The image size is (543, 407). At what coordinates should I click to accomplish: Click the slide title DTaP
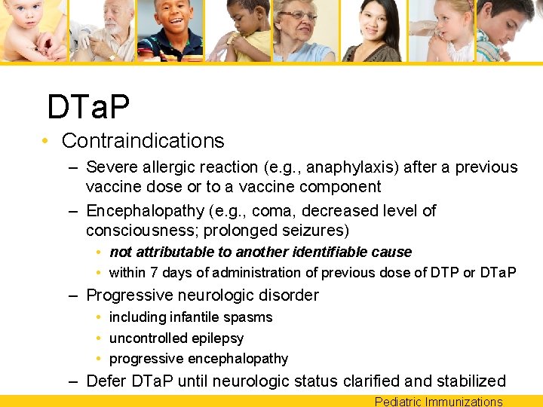coord(88,107)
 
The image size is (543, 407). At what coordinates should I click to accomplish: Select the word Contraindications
coord(143,141)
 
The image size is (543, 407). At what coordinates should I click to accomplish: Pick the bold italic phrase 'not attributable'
coord(157,252)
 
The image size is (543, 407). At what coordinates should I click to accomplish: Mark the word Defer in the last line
coord(105,381)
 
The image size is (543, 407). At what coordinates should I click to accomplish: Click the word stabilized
coord(467,381)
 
